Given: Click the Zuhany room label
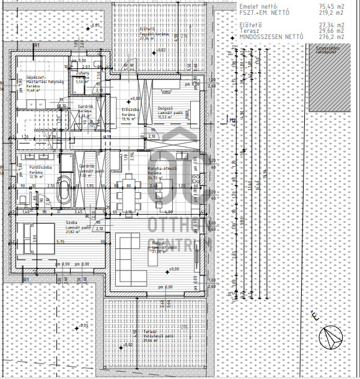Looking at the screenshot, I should point(83,73).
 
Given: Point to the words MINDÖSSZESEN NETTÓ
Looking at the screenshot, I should point(271,37).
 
